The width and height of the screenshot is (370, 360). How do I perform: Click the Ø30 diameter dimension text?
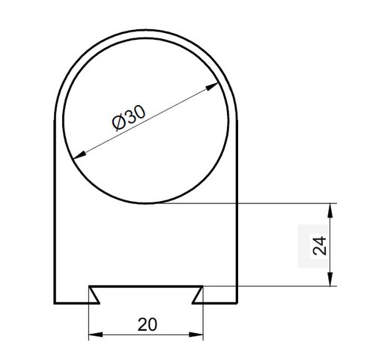click(x=128, y=117)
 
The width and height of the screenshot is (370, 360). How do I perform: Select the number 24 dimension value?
click(x=320, y=245)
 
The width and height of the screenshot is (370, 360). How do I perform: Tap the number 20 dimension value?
click(x=148, y=325)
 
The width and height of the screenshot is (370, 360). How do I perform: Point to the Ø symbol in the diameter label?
click(x=118, y=123)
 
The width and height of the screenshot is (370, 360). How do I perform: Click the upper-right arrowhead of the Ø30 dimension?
click(x=212, y=87)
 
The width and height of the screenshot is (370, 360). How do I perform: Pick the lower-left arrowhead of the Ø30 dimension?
click(x=80, y=155)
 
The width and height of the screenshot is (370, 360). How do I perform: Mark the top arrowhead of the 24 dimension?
click(x=330, y=210)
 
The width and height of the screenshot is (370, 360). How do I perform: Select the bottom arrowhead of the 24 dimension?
click(x=330, y=279)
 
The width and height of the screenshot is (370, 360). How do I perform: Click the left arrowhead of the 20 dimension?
click(x=96, y=334)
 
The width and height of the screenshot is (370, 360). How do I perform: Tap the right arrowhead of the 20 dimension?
click(x=196, y=334)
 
